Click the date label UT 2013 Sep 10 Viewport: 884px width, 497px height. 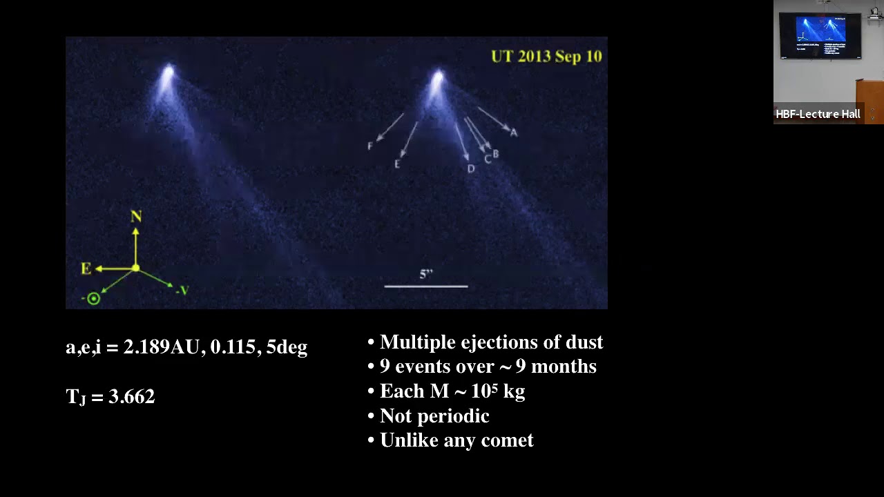tap(546, 57)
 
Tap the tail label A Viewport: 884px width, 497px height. tap(514, 133)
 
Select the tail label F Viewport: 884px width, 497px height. tap(370, 146)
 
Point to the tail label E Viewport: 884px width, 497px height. tap(397, 164)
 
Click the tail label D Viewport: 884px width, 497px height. tap(471, 169)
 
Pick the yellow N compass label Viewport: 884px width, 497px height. tap(136, 217)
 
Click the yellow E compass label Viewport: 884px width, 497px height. tap(86, 269)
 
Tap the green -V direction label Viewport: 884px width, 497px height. tap(182, 291)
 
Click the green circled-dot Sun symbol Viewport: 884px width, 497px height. tap(93, 299)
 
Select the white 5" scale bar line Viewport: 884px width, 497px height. tap(426, 286)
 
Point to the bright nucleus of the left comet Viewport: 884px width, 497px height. tap(169, 72)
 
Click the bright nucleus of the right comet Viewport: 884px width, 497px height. tap(438, 76)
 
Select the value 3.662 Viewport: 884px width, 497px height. tap(132, 397)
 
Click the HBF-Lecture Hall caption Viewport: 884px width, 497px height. tap(818, 115)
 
